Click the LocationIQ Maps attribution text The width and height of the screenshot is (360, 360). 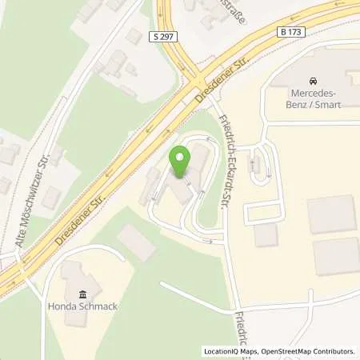coord(231,351)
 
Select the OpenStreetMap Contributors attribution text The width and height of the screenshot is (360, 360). coord(308,351)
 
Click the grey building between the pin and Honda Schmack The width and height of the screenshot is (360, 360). coord(137,242)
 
